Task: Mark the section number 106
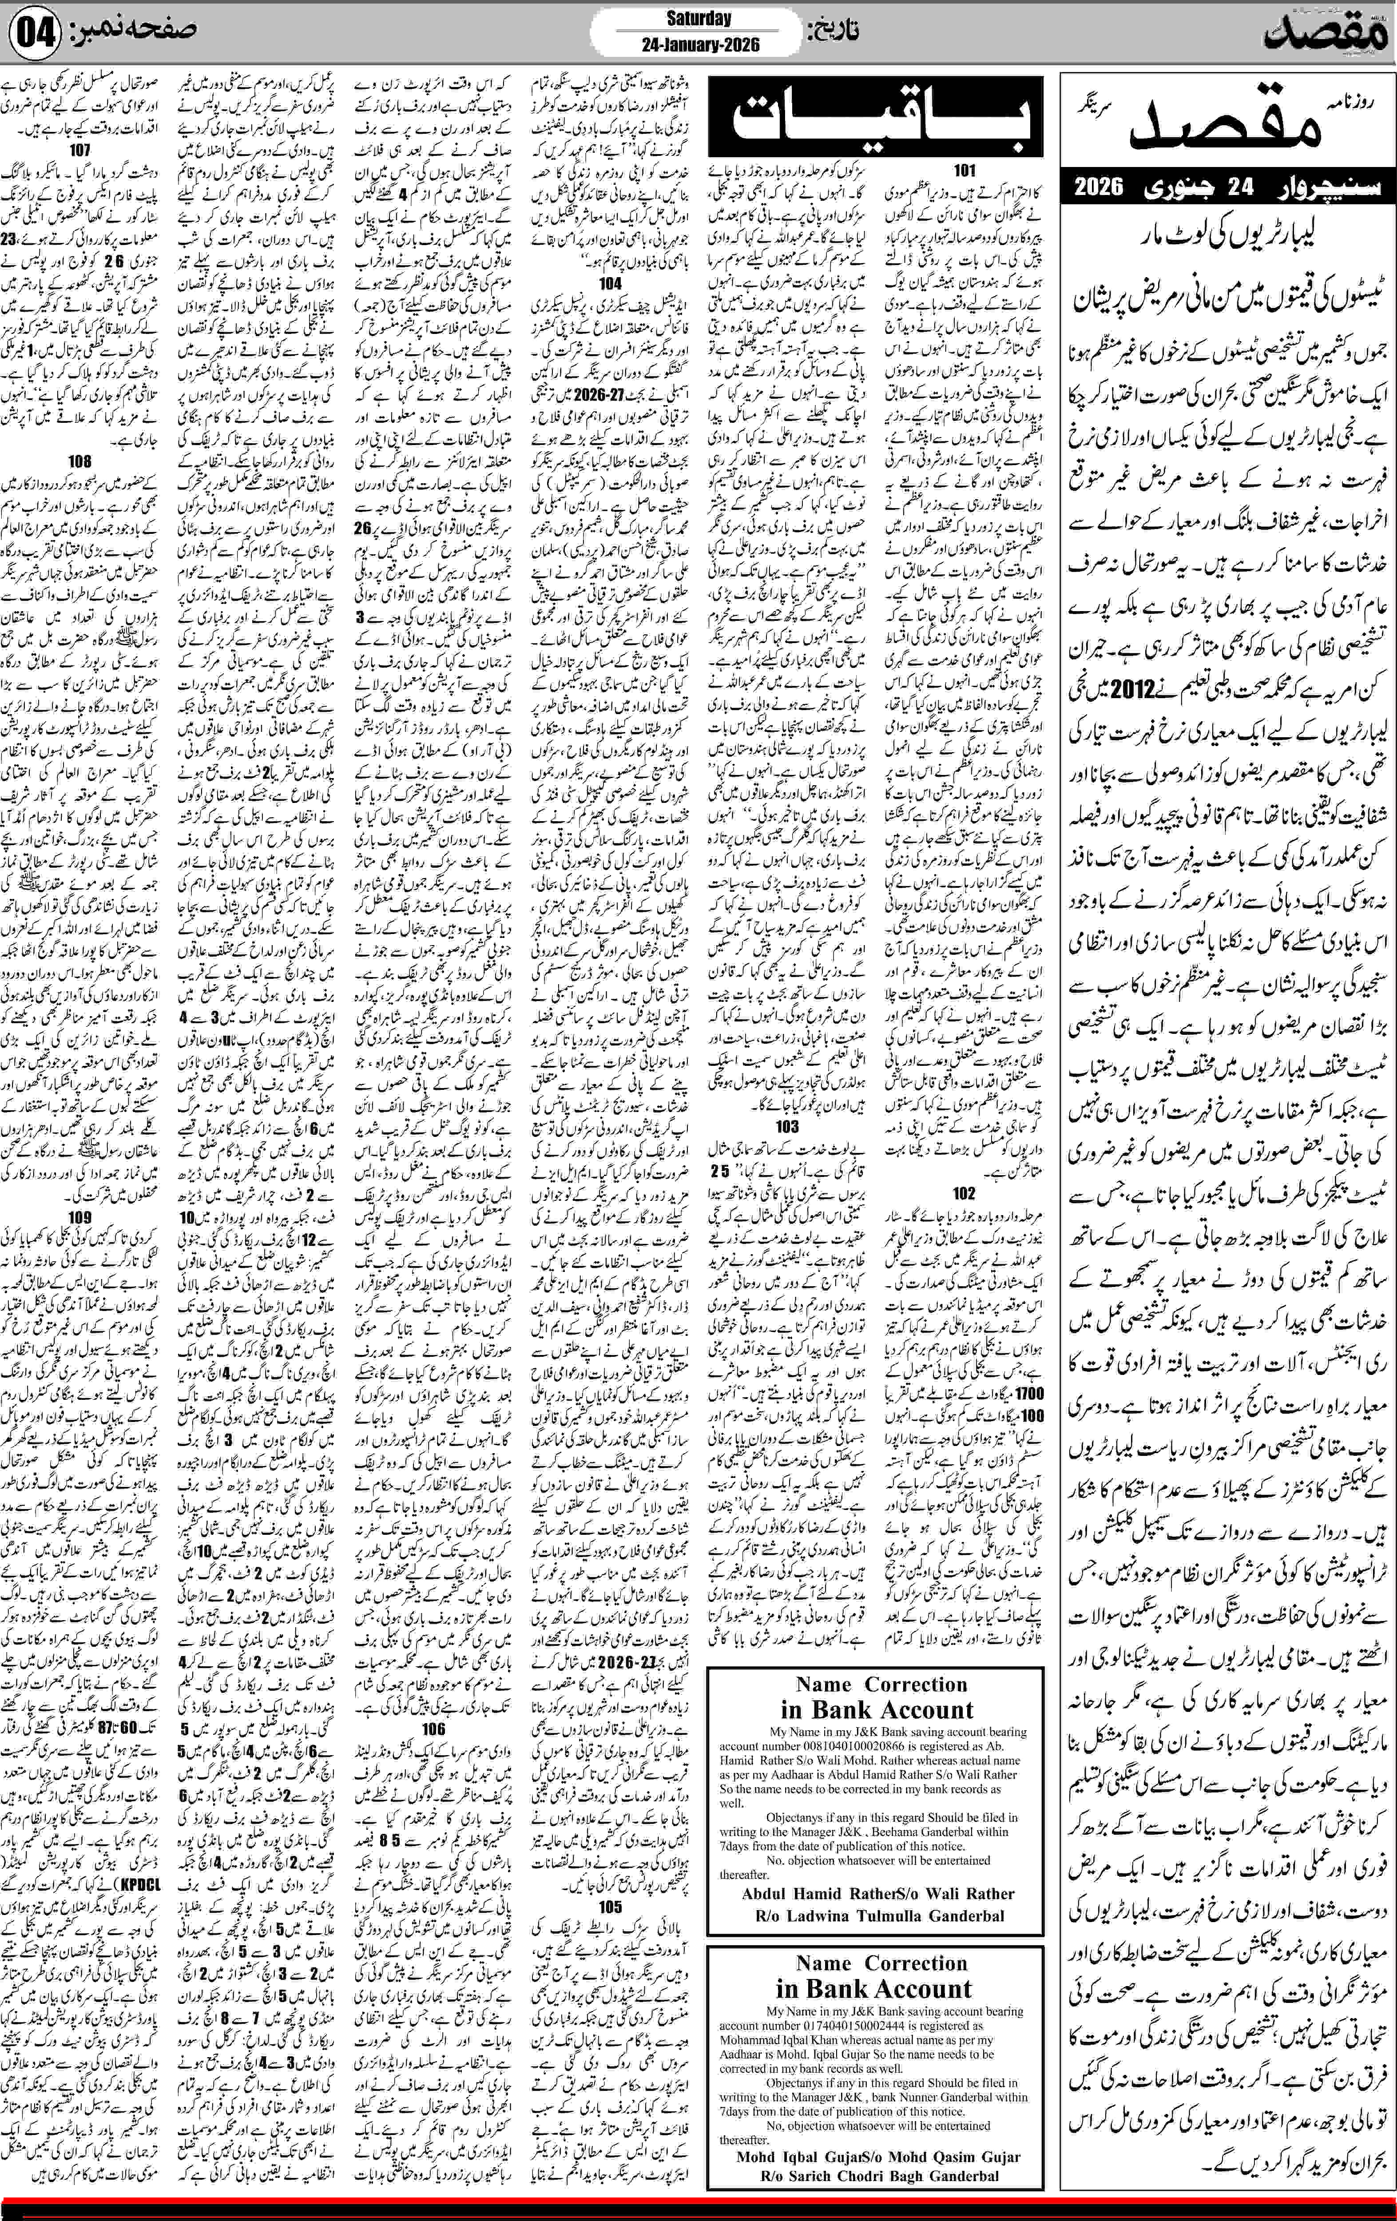(433, 1728)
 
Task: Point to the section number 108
(80, 461)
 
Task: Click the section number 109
(80, 1217)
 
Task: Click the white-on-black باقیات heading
(875, 117)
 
